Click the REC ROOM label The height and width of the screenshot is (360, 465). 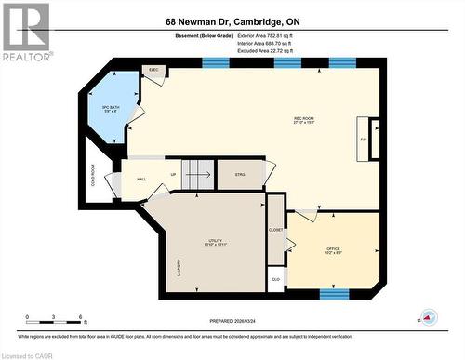coord(304,119)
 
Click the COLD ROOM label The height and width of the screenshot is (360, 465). coord(94,175)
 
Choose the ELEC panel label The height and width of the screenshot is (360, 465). coord(153,70)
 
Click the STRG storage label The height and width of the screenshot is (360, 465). coord(240,174)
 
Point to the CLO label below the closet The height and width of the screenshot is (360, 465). coord(275,278)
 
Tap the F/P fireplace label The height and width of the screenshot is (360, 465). coord(365,140)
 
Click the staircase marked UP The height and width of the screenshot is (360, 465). coord(197,174)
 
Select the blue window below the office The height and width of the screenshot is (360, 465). coord(335,294)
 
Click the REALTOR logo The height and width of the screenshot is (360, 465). coord(25,31)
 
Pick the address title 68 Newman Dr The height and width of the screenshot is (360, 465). coord(232,21)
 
